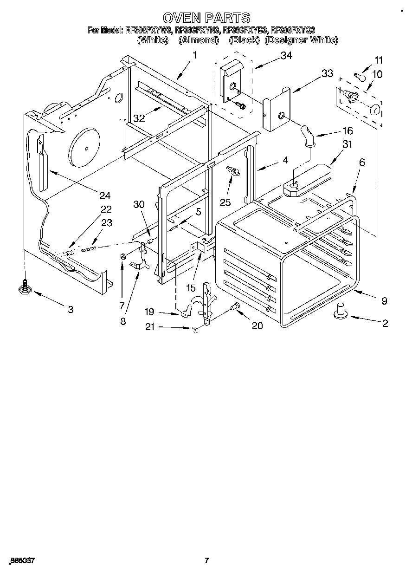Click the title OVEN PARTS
point(206,18)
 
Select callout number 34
point(286,56)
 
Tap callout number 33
point(327,73)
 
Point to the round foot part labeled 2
point(341,311)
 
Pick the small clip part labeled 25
point(232,171)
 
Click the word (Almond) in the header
point(199,40)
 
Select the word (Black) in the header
point(244,40)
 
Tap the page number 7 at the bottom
point(207,560)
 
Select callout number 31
point(347,144)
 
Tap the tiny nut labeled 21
point(195,329)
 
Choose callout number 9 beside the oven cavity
point(384,300)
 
